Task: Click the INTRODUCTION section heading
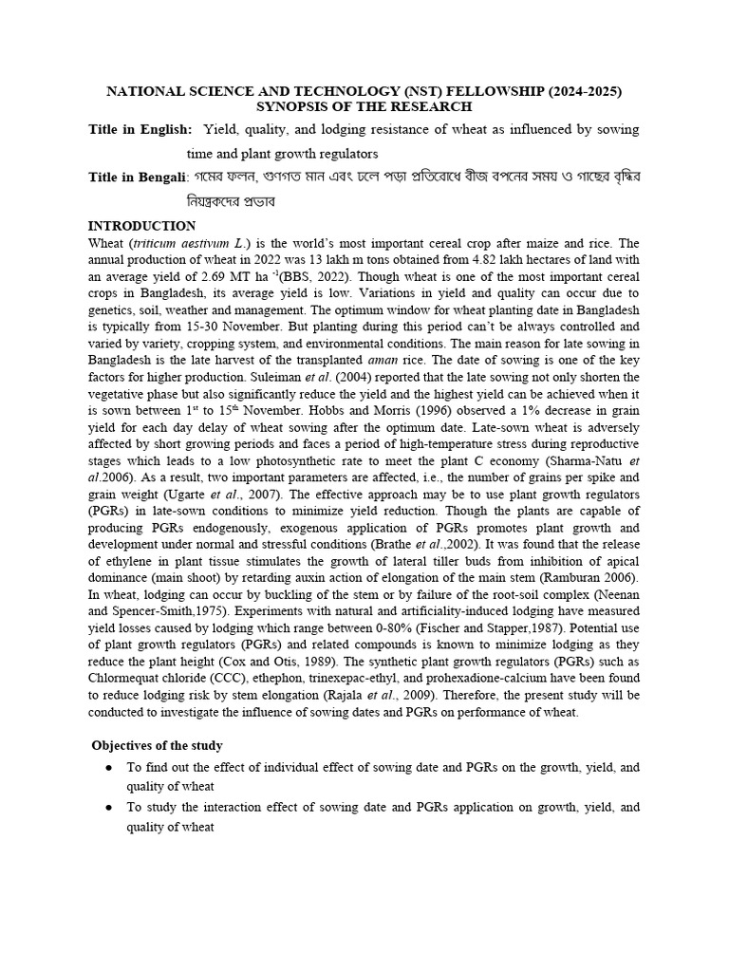141,226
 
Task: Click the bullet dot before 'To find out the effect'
109,768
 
